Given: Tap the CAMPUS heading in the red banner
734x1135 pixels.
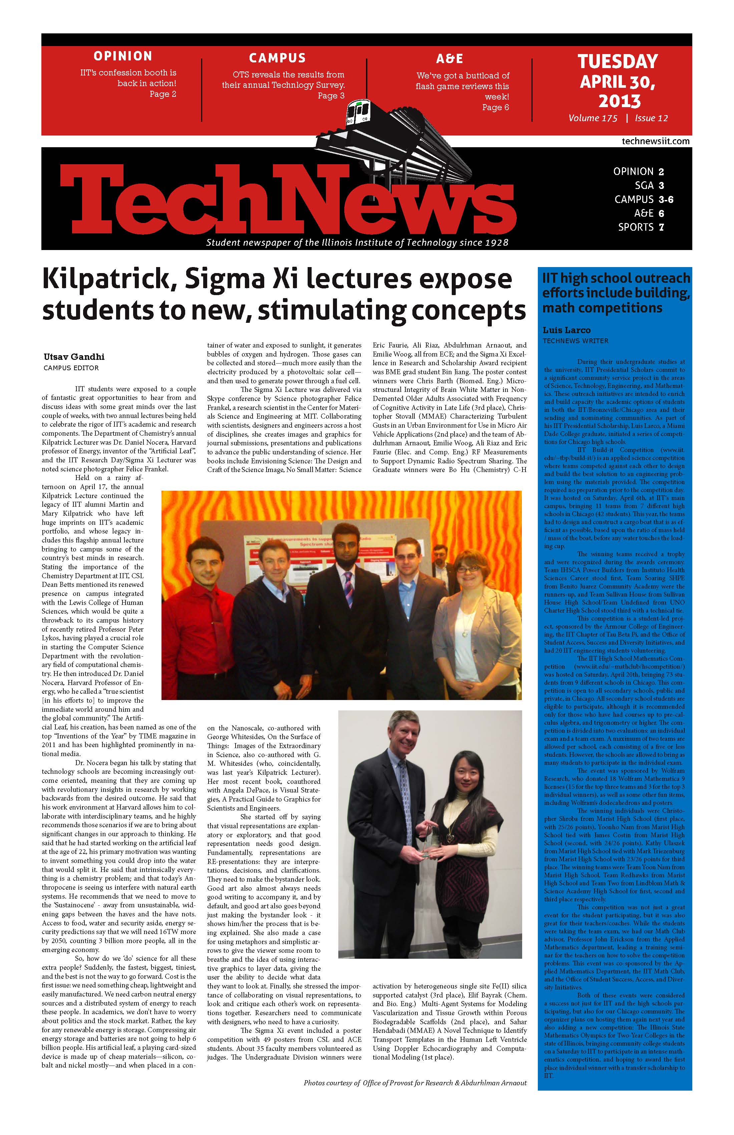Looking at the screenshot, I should click(x=277, y=58).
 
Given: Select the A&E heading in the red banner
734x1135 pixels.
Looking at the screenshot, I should click(x=449, y=59).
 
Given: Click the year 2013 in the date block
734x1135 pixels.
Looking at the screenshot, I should click(x=619, y=101).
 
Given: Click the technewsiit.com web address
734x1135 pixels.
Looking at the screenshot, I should click(x=655, y=141).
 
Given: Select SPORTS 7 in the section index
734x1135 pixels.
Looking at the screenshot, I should click(x=641, y=227).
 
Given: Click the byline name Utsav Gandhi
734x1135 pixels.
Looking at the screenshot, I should click(x=74, y=357).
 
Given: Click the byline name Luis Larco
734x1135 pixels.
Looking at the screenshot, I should click(x=566, y=330).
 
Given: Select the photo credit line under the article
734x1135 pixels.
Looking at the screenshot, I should click(x=415, y=1083).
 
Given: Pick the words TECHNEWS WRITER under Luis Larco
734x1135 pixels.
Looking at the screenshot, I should click(x=575, y=341).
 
